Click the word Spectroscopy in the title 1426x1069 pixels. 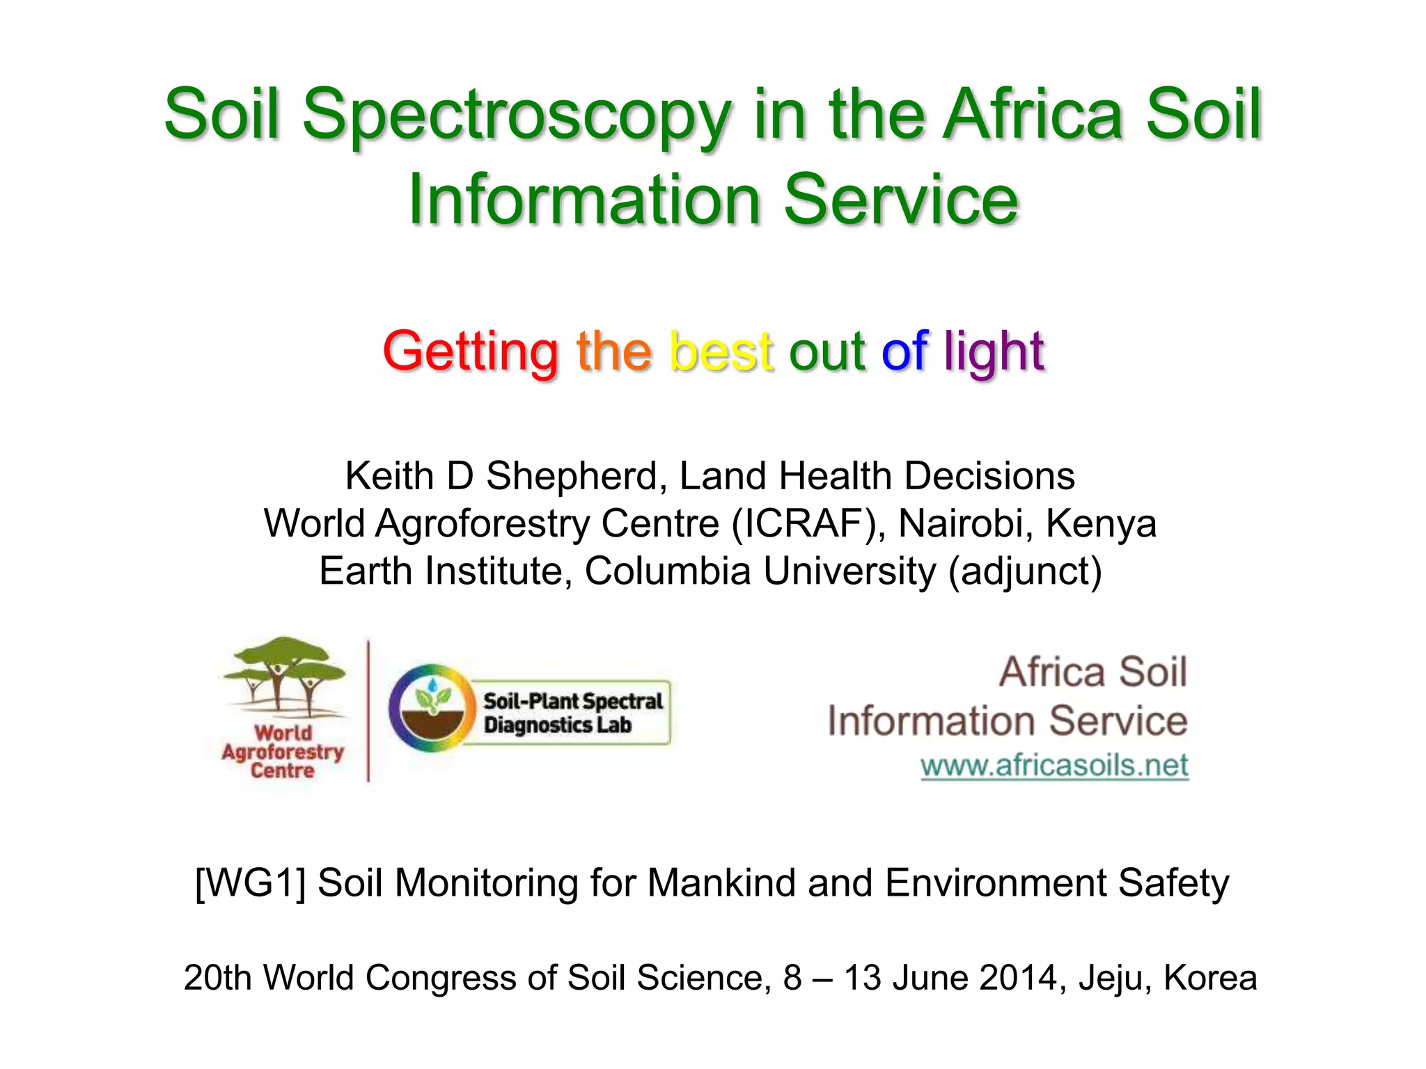click(x=516, y=117)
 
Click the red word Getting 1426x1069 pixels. click(x=471, y=351)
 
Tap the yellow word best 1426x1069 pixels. click(x=720, y=351)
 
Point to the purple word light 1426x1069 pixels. click(x=994, y=352)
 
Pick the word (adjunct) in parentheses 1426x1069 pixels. click(x=1025, y=572)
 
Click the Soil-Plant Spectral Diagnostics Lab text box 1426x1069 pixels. click(x=571, y=713)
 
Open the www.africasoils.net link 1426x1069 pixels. click(x=1053, y=766)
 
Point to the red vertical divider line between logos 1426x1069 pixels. click(x=368, y=710)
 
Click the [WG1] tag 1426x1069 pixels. click(x=250, y=883)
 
